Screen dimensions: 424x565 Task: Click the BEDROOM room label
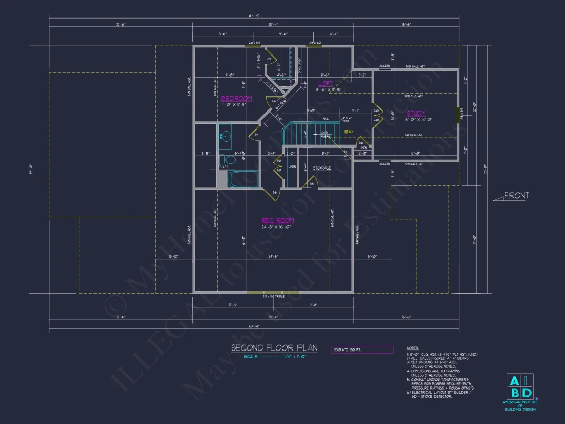click(236, 98)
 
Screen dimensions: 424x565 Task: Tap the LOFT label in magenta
click(325, 83)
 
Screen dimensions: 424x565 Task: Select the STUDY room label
click(416, 114)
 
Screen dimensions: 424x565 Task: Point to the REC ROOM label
click(278, 220)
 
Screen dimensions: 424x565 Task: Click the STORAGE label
click(322, 168)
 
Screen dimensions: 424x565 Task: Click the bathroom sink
click(224, 137)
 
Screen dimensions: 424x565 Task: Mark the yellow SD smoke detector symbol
click(346, 132)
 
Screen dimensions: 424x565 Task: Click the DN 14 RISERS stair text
click(325, 135)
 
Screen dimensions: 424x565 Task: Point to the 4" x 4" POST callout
click(347, 120)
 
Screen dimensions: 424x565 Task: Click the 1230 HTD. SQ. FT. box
click(362, 349)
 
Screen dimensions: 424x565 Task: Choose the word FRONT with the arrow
click(516, 196)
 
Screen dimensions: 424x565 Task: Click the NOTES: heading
click(412, 348)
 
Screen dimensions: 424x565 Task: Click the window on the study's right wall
click(458, 115)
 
